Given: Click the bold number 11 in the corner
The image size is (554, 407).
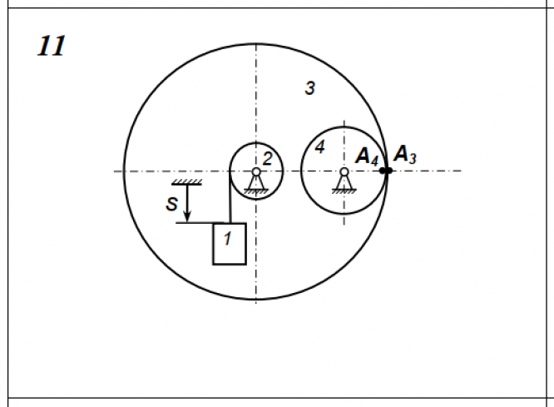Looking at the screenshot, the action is (x=52, y=46).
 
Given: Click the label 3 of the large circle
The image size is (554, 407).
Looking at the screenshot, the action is (x=309, y=87).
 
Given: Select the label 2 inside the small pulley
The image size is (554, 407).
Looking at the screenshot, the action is (x=267, y=158).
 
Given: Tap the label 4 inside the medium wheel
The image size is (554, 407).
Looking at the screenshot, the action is (x=319, y=147).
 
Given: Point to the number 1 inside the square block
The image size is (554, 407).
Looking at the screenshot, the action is (x=227, y=238).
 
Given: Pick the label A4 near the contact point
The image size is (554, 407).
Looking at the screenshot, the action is (x=367, y=156).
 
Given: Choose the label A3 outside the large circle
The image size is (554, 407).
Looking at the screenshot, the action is (x=405, y=154).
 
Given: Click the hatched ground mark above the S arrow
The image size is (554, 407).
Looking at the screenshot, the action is (x=188, y=183).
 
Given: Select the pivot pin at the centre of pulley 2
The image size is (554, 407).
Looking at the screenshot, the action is (x=256, y=172).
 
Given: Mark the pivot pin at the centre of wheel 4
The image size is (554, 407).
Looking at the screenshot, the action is (x=344, y=172).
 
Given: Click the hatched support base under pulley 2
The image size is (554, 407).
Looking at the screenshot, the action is (x=256, y=191).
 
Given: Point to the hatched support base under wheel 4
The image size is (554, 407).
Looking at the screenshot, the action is (x=344, y=191).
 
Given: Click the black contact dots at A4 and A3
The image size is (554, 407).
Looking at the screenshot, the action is (x=385, y=171).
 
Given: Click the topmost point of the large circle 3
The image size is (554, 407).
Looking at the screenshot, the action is (x=256, y=43).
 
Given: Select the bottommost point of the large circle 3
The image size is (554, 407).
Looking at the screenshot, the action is (x=256, y=299).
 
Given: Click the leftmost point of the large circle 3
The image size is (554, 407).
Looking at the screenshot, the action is (x=124, y=171).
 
